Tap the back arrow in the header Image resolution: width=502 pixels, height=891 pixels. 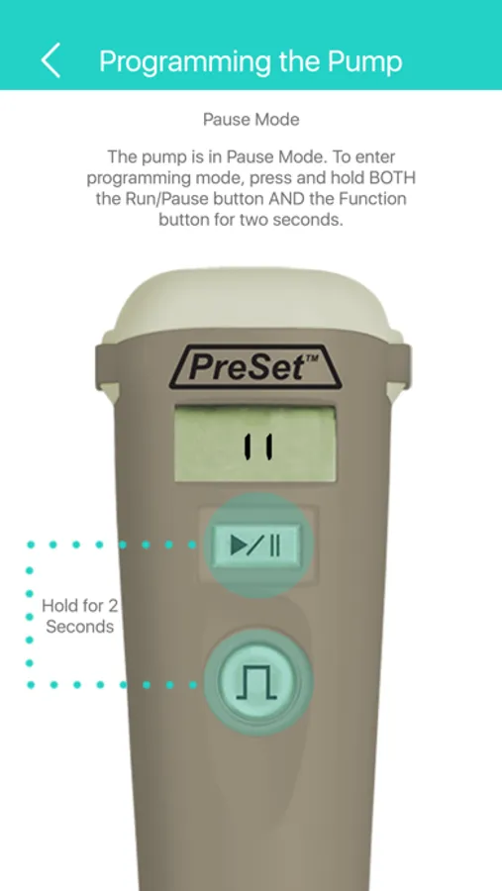[50, 60]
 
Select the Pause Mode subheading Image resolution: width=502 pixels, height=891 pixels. [251, 120]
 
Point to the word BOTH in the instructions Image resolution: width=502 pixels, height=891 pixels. [393, 178]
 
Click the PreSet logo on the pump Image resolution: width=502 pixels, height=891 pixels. [255, 367]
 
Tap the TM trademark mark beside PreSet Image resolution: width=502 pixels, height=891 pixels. [313, 359]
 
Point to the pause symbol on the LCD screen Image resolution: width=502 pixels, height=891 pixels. [257, 446]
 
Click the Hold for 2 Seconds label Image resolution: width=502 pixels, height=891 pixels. [80, 616]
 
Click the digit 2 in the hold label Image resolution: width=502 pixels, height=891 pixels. [113, 606]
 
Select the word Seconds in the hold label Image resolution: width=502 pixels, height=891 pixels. [80, 627]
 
